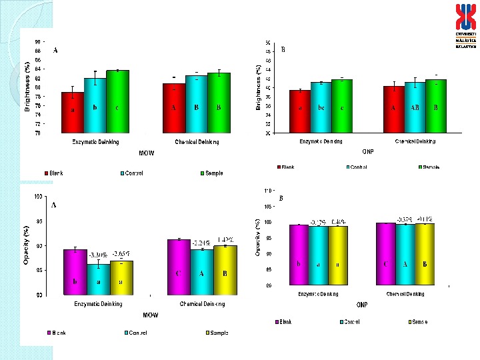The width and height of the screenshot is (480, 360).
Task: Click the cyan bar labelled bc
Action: click(x=321, y=107)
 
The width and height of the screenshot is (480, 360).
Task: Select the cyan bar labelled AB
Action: click(x=415, y=107)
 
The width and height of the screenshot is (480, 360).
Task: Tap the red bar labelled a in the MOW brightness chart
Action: click(x=73, y=112)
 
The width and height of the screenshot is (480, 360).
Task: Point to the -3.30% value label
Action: click(x=99, y=255)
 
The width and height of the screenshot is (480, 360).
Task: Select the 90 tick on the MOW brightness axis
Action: click(x=37, y=41)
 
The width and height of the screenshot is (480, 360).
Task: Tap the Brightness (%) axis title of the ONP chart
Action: click(x=259, y=87)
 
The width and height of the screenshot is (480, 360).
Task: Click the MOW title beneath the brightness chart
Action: click(x=147, y=153)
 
